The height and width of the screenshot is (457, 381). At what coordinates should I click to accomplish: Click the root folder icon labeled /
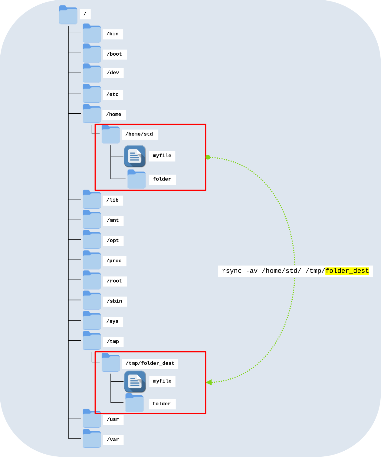(x=68, y=15)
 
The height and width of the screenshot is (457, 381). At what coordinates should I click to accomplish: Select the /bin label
(x=113, y=34)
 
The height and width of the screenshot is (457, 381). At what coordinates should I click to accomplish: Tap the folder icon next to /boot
(x=92, y=53)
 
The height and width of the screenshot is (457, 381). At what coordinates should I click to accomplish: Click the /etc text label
(x=113, y=95)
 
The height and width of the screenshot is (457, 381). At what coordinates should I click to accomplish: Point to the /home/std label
(x=140, y=134)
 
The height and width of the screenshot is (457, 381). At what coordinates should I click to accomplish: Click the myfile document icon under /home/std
(x=135, y=156)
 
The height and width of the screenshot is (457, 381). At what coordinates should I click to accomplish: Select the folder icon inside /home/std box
(x=136, y=179)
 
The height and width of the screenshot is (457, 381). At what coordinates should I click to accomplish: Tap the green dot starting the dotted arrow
(x=208, y=157)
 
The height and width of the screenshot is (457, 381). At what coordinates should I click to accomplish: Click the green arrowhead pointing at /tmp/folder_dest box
(x=209, y=382)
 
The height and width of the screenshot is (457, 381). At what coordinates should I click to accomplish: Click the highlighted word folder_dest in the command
(x=347, y=271)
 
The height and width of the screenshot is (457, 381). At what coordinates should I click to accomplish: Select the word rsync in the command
(x=232, y=271)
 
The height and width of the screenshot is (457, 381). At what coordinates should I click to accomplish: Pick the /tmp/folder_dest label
(x=150, y=363)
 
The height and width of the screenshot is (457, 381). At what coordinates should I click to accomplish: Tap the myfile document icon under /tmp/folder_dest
(x=135, y=381)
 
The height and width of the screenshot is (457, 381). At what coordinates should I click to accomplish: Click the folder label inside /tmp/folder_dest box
(x=162, y=404)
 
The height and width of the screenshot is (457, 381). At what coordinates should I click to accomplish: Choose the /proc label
(x=114, y=261)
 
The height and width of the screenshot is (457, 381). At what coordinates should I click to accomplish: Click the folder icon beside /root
(x=92, y=280)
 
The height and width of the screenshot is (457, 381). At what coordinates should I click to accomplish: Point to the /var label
(x=113, y=440)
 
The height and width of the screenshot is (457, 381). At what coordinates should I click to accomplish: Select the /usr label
(x=113, y=420)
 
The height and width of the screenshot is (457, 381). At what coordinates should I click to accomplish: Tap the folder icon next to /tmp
(x=92, y=341)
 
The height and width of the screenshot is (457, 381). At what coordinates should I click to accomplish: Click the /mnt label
(x=113, y=221)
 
